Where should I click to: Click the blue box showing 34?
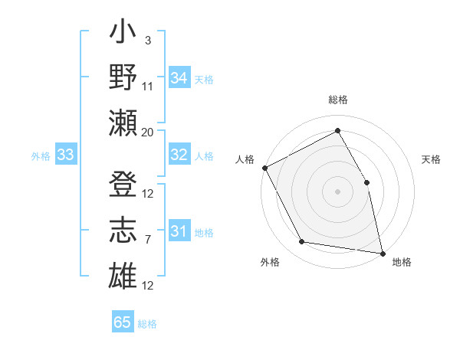coord(179,77)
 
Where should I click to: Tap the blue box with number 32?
coord(179,155)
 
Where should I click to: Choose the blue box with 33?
coord(65,155)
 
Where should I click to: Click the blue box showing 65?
coord(123,322)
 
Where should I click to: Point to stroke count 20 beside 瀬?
coord(148,132)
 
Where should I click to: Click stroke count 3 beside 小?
coord(147,40)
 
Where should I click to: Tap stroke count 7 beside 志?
coord(147,240)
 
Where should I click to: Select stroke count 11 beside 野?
coord(148,86)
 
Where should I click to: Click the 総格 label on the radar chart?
coord(337,100)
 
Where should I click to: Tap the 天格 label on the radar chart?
coord(432,159)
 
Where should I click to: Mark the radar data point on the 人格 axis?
coord(264,167)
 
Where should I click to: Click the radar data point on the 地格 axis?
coord(382,252)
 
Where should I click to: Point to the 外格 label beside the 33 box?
coord(41,156)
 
